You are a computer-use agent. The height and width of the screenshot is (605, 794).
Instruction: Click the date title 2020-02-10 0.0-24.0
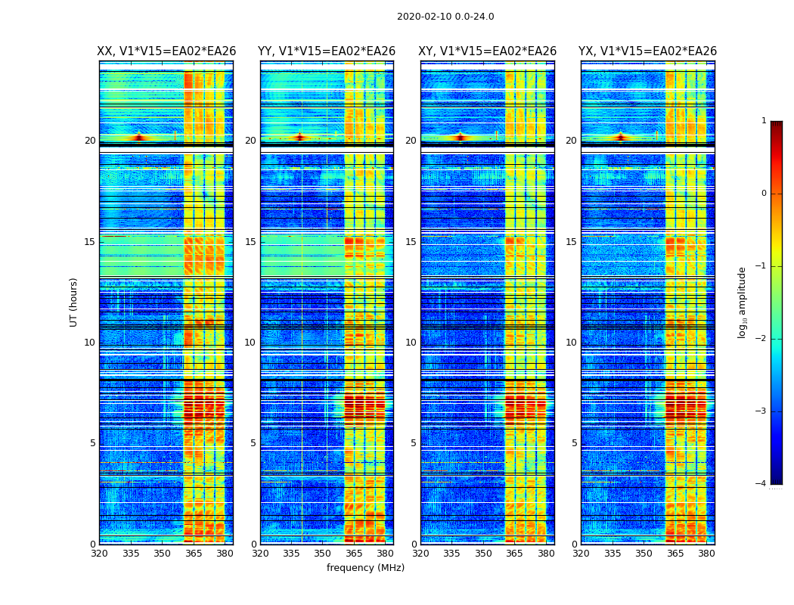445,17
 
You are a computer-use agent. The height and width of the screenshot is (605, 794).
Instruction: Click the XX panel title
166,51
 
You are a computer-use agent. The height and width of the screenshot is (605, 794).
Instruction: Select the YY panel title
327,51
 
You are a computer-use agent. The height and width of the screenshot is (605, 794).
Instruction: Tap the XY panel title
488,51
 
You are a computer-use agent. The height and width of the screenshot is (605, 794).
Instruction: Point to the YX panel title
647,51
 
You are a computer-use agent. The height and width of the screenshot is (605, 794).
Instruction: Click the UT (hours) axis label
74,302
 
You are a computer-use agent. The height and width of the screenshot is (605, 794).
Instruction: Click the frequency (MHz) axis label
365,568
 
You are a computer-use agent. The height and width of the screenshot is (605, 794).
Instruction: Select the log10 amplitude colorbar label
743,302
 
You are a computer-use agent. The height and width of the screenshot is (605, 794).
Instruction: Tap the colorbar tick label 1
764,121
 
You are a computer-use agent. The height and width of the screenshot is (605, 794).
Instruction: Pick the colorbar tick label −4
761,484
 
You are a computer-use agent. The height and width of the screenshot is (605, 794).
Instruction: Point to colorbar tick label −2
761,339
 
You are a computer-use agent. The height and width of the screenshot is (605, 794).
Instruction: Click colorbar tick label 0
764,194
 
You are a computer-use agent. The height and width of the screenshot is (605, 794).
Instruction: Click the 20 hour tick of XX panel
90,141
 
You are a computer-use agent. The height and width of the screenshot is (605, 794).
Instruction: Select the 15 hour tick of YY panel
250,242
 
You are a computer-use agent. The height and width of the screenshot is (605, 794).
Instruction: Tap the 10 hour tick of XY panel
411,343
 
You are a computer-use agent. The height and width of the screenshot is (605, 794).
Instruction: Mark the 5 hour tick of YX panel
575,443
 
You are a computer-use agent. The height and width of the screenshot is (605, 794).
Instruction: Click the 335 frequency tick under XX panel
130,554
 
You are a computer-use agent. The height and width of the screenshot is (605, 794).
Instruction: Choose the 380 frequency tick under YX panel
706,554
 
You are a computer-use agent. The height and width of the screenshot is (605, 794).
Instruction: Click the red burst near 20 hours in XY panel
460,137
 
